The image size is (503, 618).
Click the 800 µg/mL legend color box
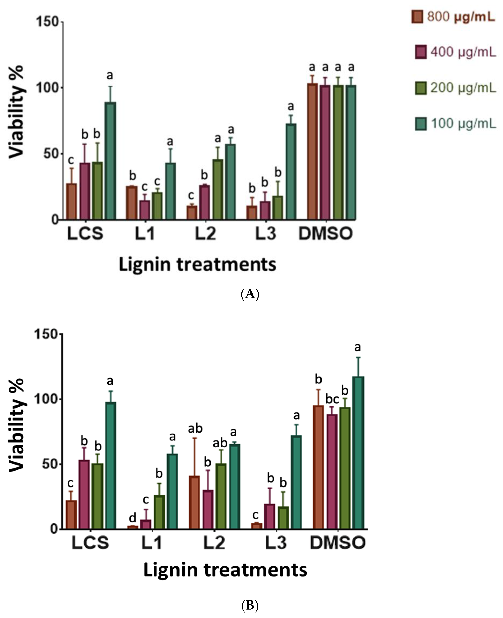[417, 17]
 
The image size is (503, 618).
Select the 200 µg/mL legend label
[463, 88]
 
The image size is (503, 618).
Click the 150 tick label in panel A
[47, 22]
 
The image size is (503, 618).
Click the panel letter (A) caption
[250, 294]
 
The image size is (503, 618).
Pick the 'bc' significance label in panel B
[332, 399]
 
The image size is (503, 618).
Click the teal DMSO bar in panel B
[358, 452]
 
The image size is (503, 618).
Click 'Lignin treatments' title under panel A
[198, 265]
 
